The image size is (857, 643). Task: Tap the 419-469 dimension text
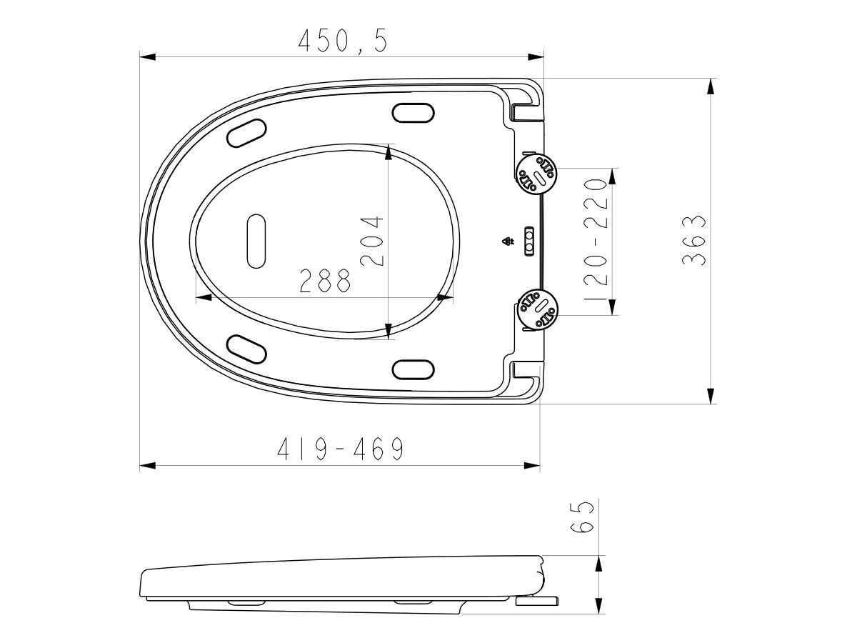(341, 449)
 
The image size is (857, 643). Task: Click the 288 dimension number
(326, 281)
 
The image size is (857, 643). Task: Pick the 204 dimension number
(372, 241)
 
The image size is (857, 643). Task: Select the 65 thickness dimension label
(583, 517)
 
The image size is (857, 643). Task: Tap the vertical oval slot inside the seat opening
(256, 241)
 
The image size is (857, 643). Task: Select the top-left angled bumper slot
(246, 133)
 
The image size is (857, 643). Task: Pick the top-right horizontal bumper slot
(414, 114)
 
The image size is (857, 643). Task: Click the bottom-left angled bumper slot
(246, 349)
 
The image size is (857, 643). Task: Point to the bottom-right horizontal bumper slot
(414, 369)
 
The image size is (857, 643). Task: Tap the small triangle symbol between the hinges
(508, 241)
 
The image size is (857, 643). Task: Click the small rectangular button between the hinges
(529, 241)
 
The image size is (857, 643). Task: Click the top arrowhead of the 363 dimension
(710, 86)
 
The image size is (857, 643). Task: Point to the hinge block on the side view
(537, 599)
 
